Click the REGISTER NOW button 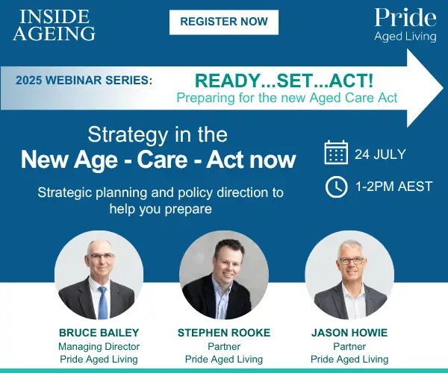point(224,22)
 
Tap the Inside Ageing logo point(54,25)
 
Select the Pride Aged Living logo point(405,25)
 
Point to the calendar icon point(336,152)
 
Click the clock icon point(337,187)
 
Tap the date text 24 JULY point(380,154)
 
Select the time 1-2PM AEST point(393,186)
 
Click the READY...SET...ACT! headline point(284,81)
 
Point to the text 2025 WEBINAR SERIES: point(84,80)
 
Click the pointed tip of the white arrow point(443,88)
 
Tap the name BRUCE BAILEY point(99,333)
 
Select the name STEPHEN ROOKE point(224,333)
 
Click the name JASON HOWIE point(349,333)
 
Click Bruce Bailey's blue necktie point(103,303)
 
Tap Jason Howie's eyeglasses point(351,260)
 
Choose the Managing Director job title point(99,346)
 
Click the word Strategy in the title point(128,136)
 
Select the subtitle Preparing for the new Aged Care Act point(287,98)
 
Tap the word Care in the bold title point(162,160)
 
